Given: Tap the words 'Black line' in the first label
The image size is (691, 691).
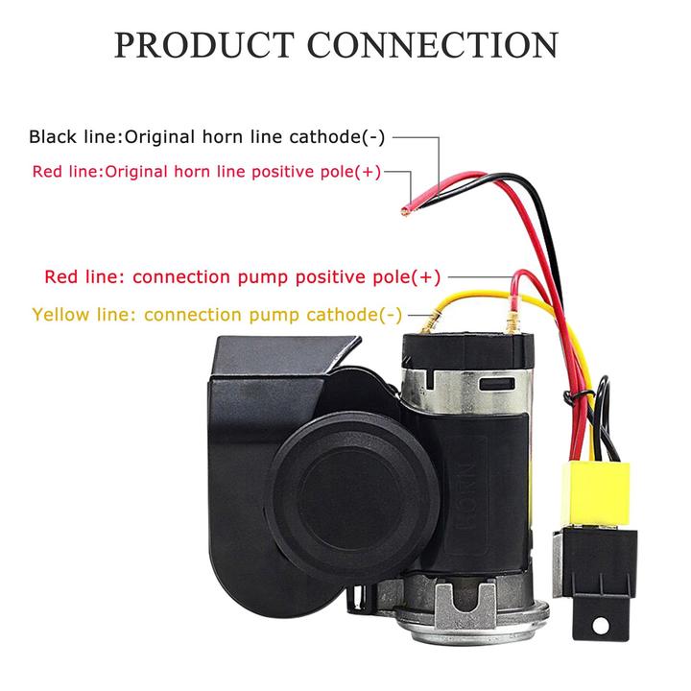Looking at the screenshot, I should (x=72, y=136).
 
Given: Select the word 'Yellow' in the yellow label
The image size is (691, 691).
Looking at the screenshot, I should (x=63, y=314).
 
